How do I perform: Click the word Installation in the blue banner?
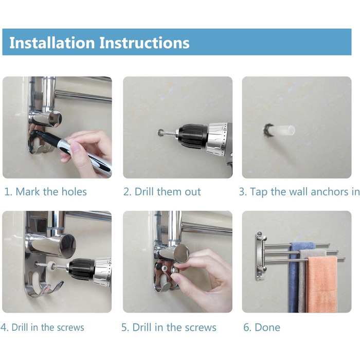point(52,43)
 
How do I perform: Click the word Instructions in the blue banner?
point(145,43)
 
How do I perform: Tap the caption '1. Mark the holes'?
point(45,191)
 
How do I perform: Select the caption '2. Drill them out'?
point(162,191)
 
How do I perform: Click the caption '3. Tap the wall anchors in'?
point(299,192)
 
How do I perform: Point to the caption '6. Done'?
point(262,327)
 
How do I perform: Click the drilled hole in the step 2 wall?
point(160,133)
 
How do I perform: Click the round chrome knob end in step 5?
point(182,254)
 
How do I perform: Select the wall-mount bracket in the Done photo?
point(261,256)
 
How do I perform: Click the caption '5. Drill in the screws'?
point(169,327)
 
